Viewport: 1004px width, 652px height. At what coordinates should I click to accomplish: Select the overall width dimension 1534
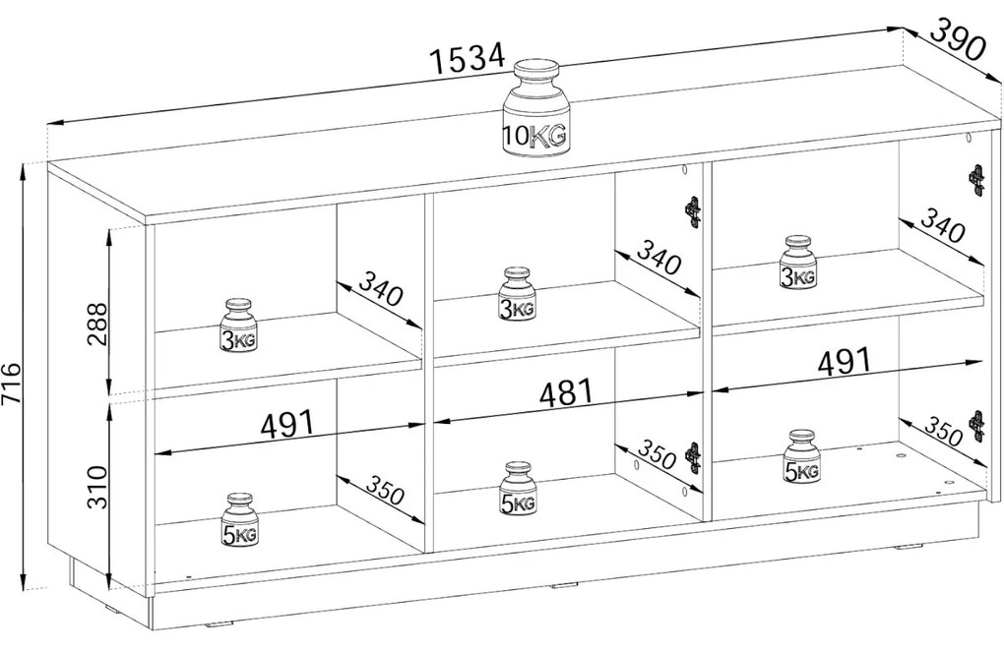tap(468, 58)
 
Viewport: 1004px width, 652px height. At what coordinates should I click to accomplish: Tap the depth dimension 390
tap(956, 39)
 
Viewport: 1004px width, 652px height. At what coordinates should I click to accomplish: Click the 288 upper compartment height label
tap(98, 324)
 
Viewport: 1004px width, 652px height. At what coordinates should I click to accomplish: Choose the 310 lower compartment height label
tap(98, 487)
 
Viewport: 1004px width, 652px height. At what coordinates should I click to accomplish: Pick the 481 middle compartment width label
tap(567, 393)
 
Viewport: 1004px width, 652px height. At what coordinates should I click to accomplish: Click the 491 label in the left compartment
tap(288, 424)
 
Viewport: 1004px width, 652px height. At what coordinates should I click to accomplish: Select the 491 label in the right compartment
tap(845, 362)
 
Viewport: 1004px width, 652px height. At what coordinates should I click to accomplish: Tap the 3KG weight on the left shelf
tap(238, 326)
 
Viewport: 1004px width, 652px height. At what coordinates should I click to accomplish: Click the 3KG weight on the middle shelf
tap(518, 294)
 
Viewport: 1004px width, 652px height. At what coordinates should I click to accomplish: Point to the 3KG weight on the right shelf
tap(798, 263)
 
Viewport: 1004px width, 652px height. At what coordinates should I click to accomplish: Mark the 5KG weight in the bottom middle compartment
tap(519, 489)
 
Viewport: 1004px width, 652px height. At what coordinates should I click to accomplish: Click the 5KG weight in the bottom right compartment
tap(801, 457)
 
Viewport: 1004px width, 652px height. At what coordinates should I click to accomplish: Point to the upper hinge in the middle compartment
tap(694, 212)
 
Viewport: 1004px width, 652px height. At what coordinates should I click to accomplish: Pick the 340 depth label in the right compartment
tap(942, 224)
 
